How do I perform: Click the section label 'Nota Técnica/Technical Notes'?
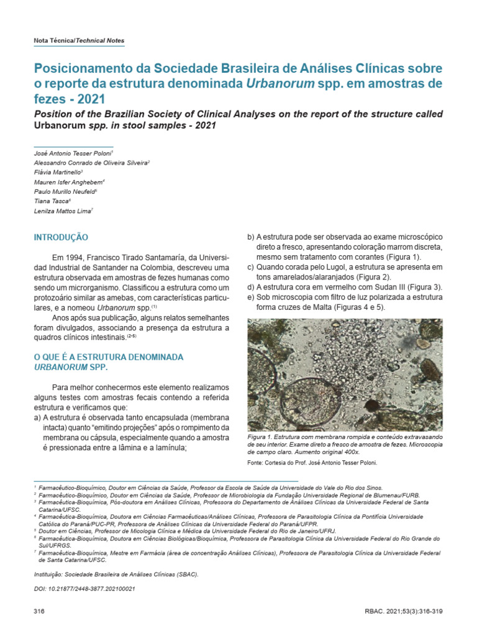click(x=78, y=40)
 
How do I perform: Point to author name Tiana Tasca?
click(x=51, y=201)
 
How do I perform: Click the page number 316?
click(x=39, y=612)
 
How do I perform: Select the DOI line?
click(x=84, y=588)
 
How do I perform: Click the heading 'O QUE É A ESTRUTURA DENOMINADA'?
click(x=107, y=357)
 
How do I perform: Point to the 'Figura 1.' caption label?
click(x=260, y=438)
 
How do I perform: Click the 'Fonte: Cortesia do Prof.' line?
click(x=312, y=463)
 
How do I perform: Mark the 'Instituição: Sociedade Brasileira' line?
click(x=116, y=575)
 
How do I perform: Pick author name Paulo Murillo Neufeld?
click(x=64, y=191)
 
